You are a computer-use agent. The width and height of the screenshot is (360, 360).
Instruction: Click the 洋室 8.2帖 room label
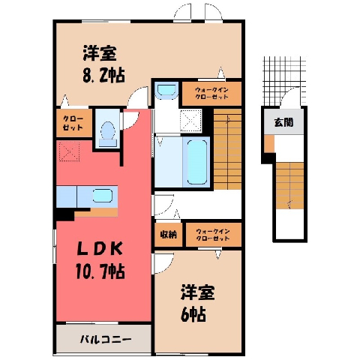click(103, 64)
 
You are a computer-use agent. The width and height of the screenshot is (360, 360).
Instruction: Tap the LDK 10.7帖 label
click(100, 260)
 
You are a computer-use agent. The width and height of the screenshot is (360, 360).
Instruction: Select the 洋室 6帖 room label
click(197, 303)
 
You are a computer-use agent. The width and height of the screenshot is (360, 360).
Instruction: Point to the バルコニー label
click(106, 340)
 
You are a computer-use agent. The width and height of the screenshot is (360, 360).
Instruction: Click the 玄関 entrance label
click(283, 122)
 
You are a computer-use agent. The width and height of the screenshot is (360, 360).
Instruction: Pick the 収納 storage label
click(169, 235)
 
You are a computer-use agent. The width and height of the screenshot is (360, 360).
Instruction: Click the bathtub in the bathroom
click(197, 162)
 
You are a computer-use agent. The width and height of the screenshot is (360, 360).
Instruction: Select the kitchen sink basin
click(102, 196)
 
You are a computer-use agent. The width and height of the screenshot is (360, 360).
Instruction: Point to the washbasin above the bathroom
click(166, 89)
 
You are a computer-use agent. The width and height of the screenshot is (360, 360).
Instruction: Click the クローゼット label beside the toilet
click(73, 123)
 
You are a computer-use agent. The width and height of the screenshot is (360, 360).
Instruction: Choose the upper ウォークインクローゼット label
click(211, 93)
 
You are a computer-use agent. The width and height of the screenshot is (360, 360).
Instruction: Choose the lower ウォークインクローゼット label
click(213, 235)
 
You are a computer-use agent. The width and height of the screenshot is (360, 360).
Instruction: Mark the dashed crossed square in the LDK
click(69, 151)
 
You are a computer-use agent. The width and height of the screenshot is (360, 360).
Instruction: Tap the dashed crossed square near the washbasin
click(190, 121)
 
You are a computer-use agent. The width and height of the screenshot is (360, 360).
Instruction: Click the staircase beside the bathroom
click(227, 149)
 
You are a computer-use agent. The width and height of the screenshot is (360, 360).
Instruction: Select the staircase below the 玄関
click(289, 186)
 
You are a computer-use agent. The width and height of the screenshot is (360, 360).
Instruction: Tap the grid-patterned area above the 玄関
click(285, 80)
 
